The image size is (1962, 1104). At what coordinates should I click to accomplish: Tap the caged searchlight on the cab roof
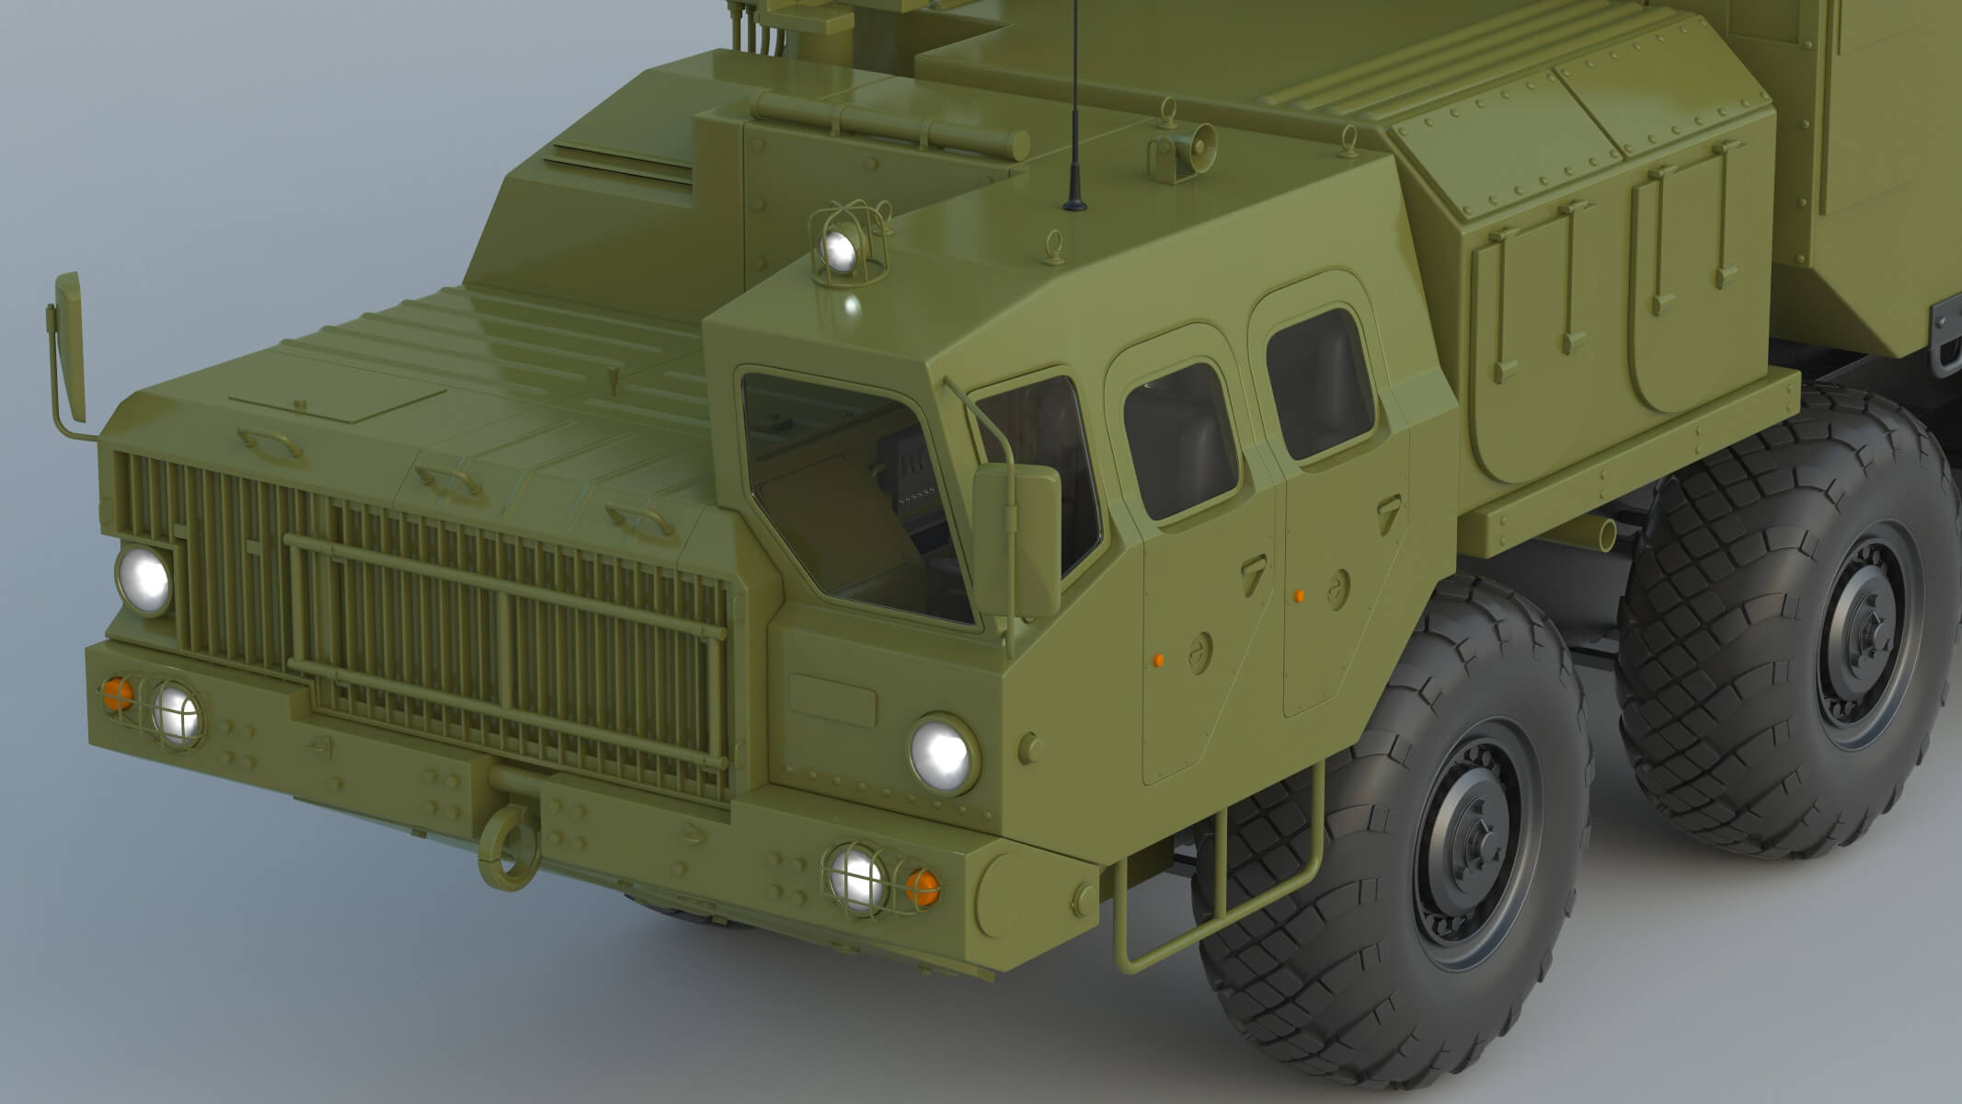coord(839,247)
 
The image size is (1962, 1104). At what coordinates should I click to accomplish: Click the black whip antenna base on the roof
coord(1073,201)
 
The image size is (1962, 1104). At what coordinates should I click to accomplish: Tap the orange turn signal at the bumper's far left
coord(118,693)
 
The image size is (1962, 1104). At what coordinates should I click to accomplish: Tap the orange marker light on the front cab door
coord(1159,660)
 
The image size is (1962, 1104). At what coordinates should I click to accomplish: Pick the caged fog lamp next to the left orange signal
coord(176,715)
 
